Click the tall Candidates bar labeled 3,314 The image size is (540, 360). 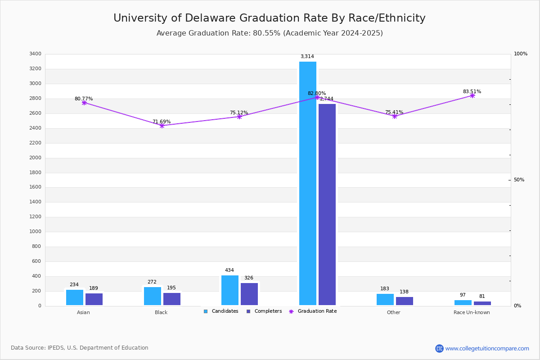(308, 183)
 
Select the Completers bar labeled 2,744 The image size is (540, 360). (327, 204)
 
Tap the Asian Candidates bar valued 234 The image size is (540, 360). (75, 297)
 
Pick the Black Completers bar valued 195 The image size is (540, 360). (172, 299)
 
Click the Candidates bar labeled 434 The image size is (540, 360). (230, 290)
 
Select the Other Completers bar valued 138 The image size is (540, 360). (405, 301)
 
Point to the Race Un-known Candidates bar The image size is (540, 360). (463, 303)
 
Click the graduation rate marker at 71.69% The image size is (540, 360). (162, 126)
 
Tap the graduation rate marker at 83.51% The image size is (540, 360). (472, 96)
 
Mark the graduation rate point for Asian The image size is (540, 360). (84, 103)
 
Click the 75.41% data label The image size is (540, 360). (394, 112)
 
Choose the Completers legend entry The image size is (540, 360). (264, 311)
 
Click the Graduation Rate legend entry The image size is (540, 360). (313, 311)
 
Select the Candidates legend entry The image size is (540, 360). (221, 311)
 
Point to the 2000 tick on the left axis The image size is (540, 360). (35, 157)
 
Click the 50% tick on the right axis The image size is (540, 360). (519, 180)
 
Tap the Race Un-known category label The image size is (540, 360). (472, 312)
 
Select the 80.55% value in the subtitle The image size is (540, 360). (266, 33)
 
